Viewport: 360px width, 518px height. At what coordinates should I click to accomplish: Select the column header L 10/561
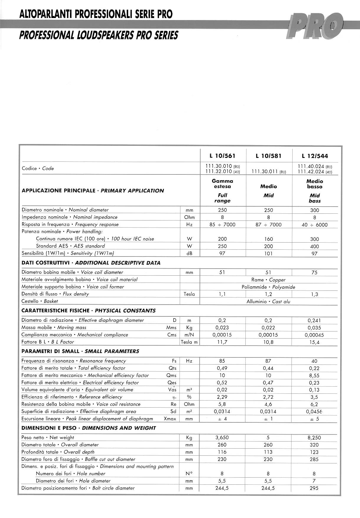pyautogui.click(x=222, y=156)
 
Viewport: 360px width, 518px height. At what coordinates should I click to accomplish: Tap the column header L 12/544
pyautogui.click(x=315, y=156)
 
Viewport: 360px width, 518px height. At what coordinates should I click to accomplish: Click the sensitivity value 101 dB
pyautogui.click(x=268, y=254)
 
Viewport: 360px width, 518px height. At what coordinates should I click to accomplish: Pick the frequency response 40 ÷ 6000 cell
pyautogui.click(x=315, y=225)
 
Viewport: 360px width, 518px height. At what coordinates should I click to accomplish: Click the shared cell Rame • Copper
pyautogui.click(x=268, y=280)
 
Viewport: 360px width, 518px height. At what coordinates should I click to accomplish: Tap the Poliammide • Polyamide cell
pyautogui.click(x=268, y=287)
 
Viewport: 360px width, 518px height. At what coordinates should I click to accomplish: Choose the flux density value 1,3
pyautogui.click(x=315, y=294)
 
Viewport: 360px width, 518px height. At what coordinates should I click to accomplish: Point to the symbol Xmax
pyautogui.click(x=170, y=419)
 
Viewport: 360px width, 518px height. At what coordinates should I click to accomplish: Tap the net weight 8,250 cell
pyautogui.click(x=314, y=438)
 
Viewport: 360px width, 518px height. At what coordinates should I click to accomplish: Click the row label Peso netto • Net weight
pyautogui.click(x=48, y=438)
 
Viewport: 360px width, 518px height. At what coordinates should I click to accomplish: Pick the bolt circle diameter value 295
pyautogui.click(x=314, y=488)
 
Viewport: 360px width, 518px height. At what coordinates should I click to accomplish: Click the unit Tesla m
pyautogui.click(x=189, y=342)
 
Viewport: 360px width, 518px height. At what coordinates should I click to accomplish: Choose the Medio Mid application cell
pyautogui.click(x=268, y=191)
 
